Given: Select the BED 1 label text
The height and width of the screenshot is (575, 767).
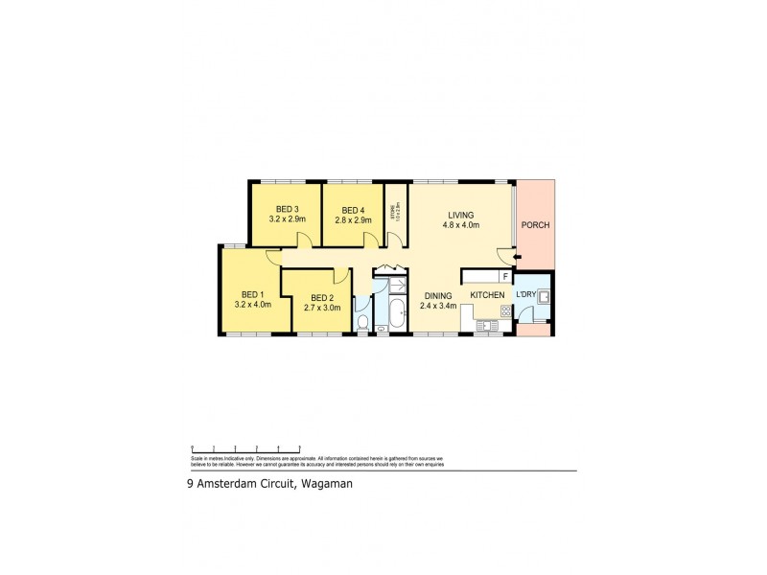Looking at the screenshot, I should point(252,294).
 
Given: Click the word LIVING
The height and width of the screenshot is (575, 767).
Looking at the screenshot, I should point(460,215).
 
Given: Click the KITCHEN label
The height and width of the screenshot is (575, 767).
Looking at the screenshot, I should point(487,295).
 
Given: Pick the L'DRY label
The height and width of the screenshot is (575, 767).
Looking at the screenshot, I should point(526,293).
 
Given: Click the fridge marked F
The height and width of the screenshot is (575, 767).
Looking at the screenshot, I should point(504,276).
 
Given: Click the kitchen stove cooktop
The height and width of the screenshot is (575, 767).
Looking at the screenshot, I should point(505,310).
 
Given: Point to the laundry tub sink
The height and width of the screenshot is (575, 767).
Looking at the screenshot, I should point(544,296).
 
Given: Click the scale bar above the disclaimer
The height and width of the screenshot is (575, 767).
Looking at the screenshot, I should point(246,448).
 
